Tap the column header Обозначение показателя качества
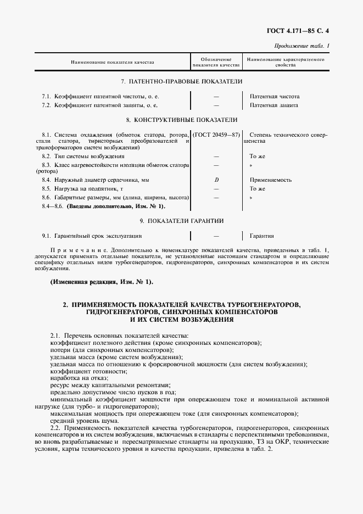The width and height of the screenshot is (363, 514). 216,62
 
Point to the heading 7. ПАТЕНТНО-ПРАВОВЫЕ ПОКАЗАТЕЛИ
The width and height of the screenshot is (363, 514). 181,81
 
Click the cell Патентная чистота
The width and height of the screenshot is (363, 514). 275,96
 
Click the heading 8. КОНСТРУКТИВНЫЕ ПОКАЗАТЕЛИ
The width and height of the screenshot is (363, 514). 182,119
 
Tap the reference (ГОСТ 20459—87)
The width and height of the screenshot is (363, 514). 216,135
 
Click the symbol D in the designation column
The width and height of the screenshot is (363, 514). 216,180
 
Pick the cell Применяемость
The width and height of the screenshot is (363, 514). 270,180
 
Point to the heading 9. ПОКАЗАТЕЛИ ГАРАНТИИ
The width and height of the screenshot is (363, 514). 182,221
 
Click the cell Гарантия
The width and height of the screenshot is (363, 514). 261,236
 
